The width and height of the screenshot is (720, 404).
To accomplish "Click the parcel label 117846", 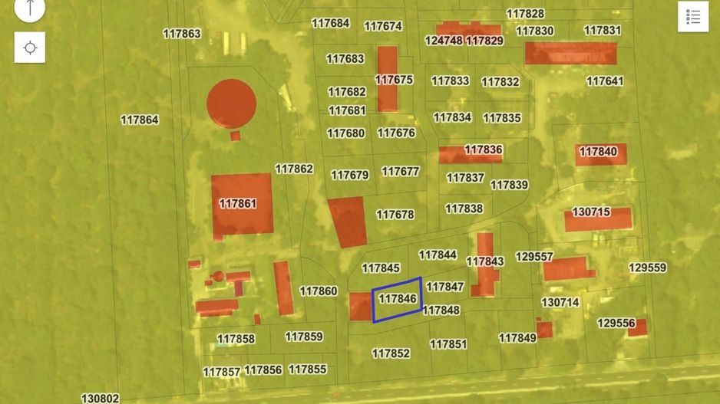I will (x=398, y=299).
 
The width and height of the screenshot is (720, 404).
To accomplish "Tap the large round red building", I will (x=231, y=103).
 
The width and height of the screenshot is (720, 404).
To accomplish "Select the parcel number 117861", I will (x=238, y=204).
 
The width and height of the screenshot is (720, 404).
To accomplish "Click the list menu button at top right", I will (x=692, y=17).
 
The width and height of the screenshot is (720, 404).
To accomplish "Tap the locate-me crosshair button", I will (x=30, y=48).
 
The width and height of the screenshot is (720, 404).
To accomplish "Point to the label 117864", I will (x=140, y=120).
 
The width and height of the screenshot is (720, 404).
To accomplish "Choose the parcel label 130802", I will (x=101, y=399).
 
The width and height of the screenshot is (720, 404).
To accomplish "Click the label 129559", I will (x=647, y=268).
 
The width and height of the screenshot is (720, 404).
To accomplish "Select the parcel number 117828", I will (x=526, y=14).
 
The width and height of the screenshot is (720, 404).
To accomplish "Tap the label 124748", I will (x=444, y=40).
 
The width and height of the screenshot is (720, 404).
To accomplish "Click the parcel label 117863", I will (x=182, y=34).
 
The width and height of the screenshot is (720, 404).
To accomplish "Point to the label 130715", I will (x=591, y=212).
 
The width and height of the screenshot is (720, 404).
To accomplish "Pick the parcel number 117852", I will (x=391, y=353).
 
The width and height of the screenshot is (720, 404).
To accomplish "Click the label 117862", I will (x=294, y=169).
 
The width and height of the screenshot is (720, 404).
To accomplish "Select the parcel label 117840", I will (x=598, y=152).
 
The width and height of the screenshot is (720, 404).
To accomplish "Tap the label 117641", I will (x=605, y=80).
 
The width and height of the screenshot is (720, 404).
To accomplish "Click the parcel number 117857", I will (x=222, y=372).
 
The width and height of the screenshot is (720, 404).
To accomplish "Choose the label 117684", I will (x=331, y=23).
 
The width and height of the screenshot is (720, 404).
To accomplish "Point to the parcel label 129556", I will (x=616, y=324).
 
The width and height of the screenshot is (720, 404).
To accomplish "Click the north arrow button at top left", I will (x=30, y=8).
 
